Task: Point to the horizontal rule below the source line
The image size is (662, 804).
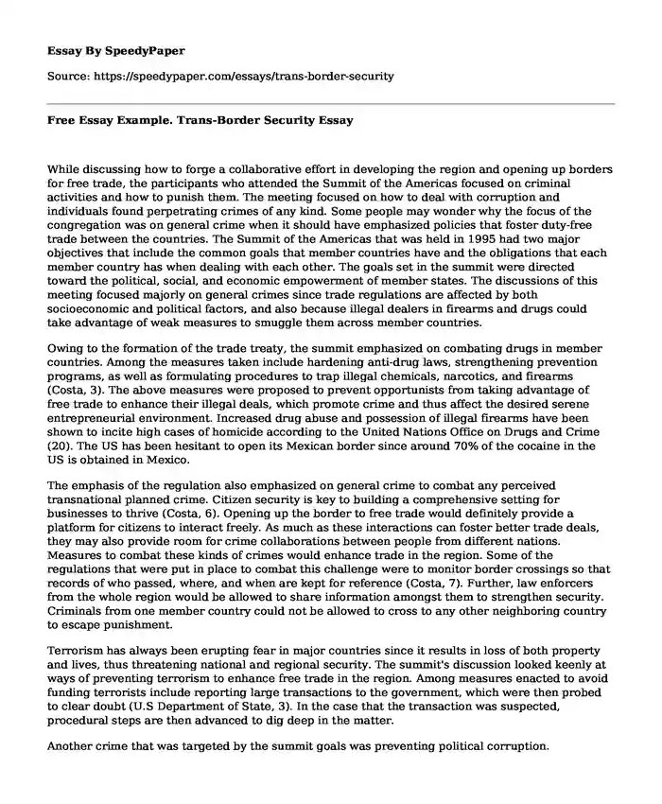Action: click(x=331, y=102)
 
